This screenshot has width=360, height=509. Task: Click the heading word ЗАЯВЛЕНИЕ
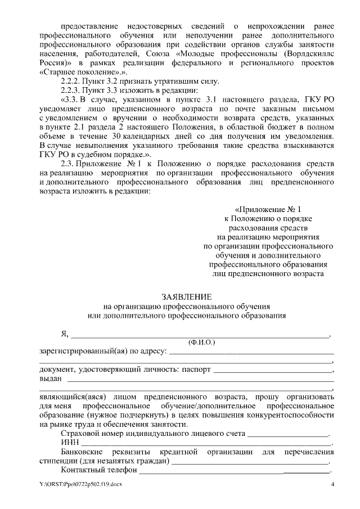click(x=187, y=296)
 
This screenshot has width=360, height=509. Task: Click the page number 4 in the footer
click(x=332, y=485)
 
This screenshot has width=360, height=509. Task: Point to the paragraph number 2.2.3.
click(x=71, y=91)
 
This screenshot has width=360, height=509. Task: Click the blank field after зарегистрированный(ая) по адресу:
click(x=251, y=351)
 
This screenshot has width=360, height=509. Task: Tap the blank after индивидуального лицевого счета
click(x=288, y=434)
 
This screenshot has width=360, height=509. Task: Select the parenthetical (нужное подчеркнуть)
click(x=118, y=415)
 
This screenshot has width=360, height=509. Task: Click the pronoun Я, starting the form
click(x=64, y=334)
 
